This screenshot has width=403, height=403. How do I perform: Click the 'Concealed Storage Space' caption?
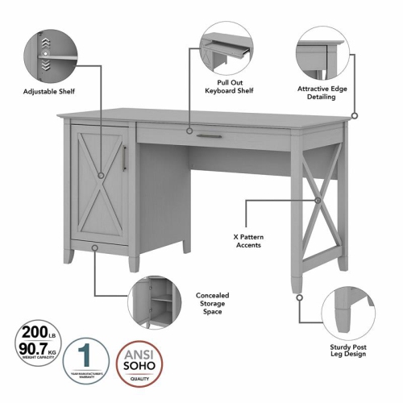214,302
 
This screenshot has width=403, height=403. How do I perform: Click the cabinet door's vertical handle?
123,158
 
